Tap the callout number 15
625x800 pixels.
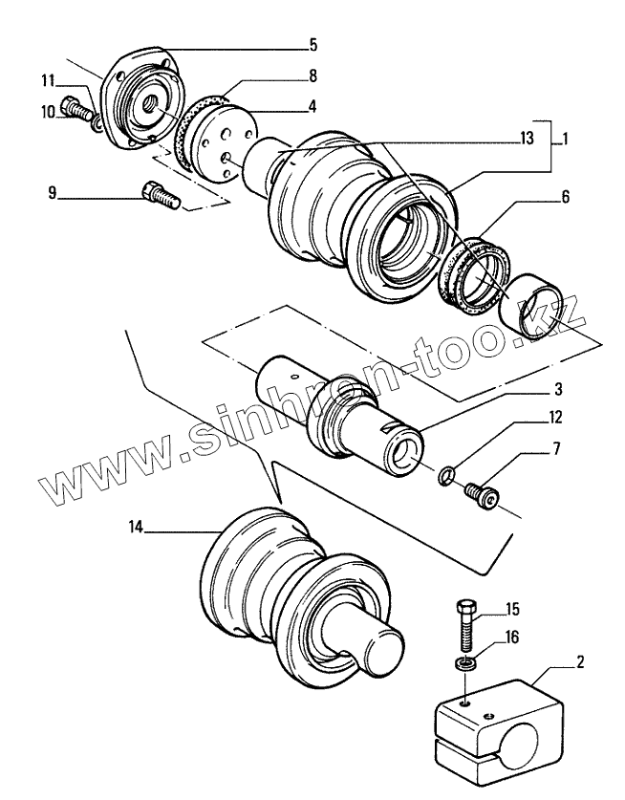(x=512, y=609)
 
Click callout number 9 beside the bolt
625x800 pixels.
(x=52, y=193)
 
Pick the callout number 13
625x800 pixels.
(x=527, y=139)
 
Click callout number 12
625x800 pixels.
(x=555, y=418)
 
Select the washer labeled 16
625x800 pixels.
(x=464, y=664)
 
